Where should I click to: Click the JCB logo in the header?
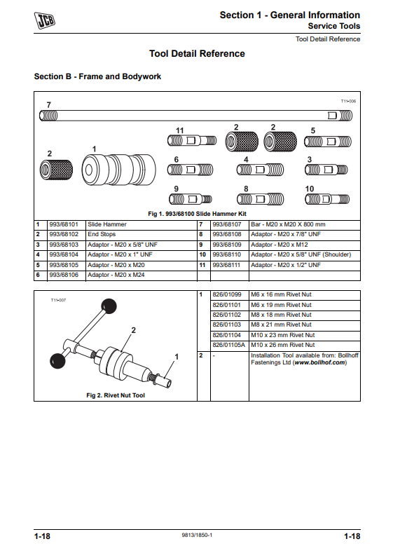44,20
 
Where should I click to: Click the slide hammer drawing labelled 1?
119,170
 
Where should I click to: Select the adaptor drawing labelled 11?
192,141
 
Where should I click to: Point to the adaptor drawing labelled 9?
191,199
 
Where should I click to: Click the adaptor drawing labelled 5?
328,142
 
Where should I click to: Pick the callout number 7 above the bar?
49,104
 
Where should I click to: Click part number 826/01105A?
229,345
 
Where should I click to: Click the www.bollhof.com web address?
319,362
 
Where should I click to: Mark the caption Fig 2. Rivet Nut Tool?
116,395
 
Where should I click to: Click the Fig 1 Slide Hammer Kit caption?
197,214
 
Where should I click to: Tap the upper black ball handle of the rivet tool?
109,306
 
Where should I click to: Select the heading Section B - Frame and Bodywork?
97,76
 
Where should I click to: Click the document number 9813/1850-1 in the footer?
197,535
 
